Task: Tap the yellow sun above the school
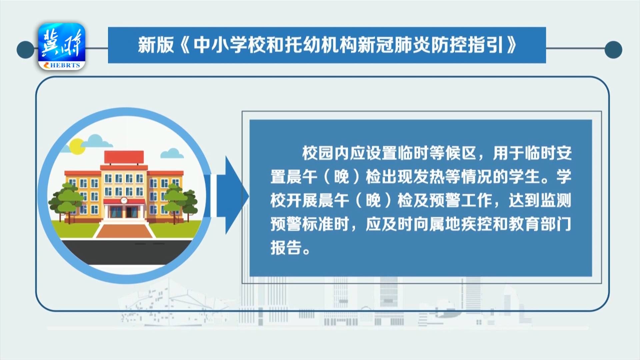(x=77, y=146)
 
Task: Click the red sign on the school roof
(x=124, y=157)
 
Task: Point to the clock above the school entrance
(x=124, y=200)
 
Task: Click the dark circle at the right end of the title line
(x=613, y=50)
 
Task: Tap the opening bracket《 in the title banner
(x=184, y=45)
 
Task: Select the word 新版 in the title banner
(x=156, y=45)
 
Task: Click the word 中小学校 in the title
(x=229, y=45)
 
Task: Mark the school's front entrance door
(x=124, y=212)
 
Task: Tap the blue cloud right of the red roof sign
(x=172, y=153)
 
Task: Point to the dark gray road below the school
(x=125, y=252)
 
